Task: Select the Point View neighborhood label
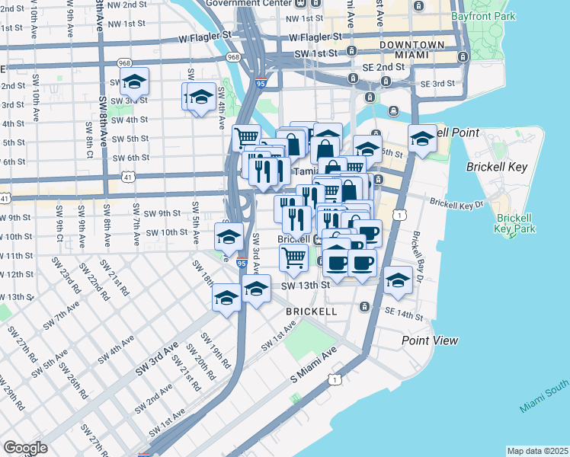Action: tap(429, 340)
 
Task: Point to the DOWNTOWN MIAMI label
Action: tap(411, 51)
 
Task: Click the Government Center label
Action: tap(238, 3)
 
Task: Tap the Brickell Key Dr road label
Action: tap(456, 203)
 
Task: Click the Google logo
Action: tap(26, 448)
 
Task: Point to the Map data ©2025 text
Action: tap(537, 451)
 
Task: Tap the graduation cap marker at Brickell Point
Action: tap(422, 139)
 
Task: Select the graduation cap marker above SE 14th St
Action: tap(397, 280)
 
